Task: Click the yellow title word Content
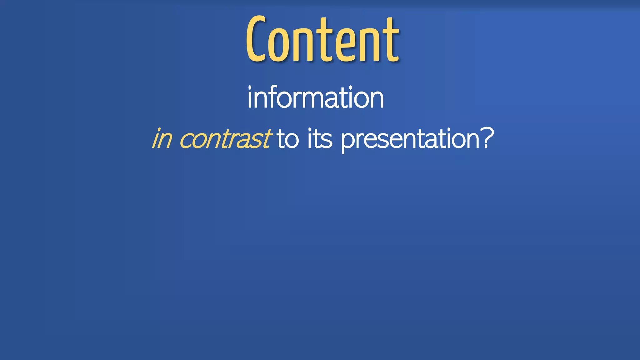click(322, 39)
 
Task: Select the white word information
click(316, 97)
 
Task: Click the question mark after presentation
click(488, 137)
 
